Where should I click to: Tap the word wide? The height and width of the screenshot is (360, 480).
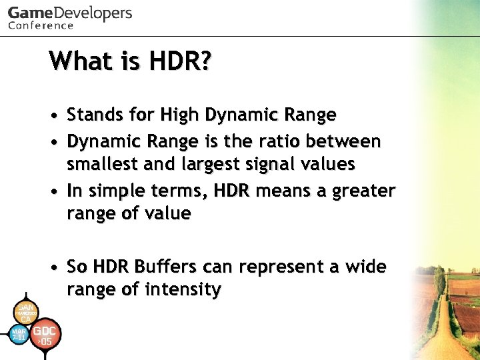[365, 267]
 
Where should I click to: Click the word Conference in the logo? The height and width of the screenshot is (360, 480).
[41, 26]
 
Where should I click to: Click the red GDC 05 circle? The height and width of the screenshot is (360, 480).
[45, 335]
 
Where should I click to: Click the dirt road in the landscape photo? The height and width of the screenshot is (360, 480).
[443, 333]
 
